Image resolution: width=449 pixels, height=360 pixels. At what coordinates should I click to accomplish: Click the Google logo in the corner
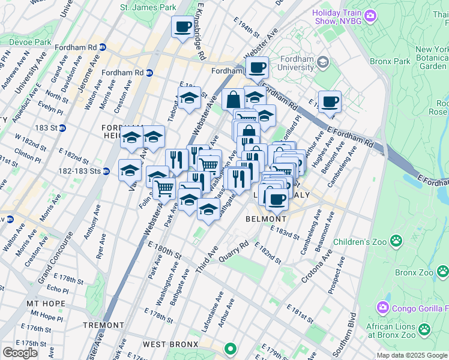20,353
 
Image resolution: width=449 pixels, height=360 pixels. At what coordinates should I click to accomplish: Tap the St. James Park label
148,8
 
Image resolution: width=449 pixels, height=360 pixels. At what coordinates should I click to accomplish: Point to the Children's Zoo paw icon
396,242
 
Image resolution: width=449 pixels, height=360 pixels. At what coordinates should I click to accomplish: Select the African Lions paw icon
425,329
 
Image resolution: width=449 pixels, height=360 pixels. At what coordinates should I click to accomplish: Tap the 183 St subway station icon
62,128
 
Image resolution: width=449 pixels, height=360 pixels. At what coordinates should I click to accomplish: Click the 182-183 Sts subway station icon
106,171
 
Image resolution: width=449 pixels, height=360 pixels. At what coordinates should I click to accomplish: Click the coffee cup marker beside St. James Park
182,26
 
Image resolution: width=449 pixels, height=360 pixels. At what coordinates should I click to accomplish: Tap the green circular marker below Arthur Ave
229,348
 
